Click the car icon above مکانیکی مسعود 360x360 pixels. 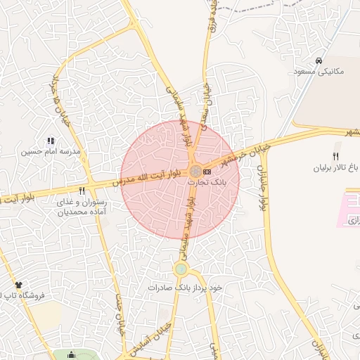(x=319, y=61)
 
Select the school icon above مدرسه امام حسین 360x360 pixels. (x=51, y=141)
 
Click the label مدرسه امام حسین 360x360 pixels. (x=51, y=152)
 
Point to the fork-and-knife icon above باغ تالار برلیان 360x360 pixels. (x=336, y=157)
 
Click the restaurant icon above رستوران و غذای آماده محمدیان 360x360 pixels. (x=82, y=191)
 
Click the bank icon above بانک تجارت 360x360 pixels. (x=207, y=171)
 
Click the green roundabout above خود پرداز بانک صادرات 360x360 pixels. (x=181, y=269)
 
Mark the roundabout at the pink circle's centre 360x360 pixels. (x=195, y=172)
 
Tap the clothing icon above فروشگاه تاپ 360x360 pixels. (x=18, y=285)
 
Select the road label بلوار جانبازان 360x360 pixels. (x=263, y=186)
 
